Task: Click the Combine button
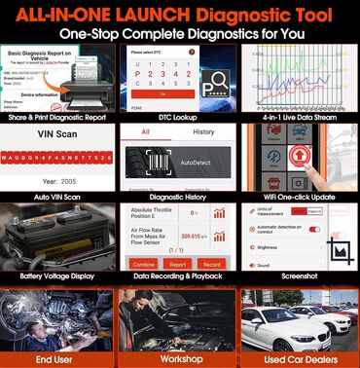coord(144,263)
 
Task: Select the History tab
coord(203,131)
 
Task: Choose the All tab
coord(146,131)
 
